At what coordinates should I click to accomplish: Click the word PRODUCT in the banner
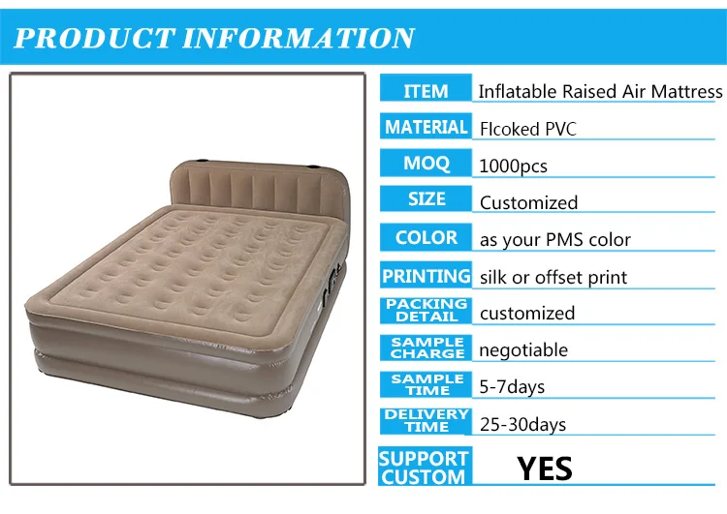[95, 38]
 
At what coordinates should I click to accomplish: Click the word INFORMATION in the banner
[299, 38]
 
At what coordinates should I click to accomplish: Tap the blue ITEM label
[426, 87]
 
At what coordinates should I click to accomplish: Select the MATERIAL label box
[426, 126]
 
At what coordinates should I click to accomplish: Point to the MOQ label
[426, 163]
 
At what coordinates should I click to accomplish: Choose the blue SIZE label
[426, 199]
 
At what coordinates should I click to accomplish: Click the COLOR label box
[426, 237]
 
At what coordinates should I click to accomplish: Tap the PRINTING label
[426, 275]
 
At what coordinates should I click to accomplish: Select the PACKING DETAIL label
[426, 311]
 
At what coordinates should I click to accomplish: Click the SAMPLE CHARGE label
[426, 348]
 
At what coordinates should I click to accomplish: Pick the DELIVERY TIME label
[426, 421]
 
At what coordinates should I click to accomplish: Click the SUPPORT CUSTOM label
[425, 467]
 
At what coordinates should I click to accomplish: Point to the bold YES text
[545, 469]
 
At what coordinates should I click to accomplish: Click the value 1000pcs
[513, 166]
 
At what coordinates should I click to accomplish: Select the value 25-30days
[522, 424]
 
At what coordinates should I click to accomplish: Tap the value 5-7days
[512, 386]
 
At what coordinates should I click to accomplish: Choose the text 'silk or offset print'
[553, 278]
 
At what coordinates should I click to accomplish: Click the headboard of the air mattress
[260, 185]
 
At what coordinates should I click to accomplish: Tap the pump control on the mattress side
[331, 287]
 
